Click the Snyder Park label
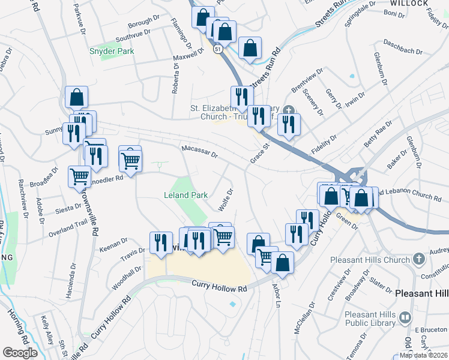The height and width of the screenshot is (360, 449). pos(112,52)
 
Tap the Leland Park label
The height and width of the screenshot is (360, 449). pos(186,195)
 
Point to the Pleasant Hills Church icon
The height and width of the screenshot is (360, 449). pos(419,260)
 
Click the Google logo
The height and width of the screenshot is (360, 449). pos(20,353)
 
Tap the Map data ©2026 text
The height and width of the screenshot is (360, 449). pos(423,355)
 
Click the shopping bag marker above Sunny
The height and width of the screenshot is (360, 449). pos(77,97)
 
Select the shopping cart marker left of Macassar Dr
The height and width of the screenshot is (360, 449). pos(130,159)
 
